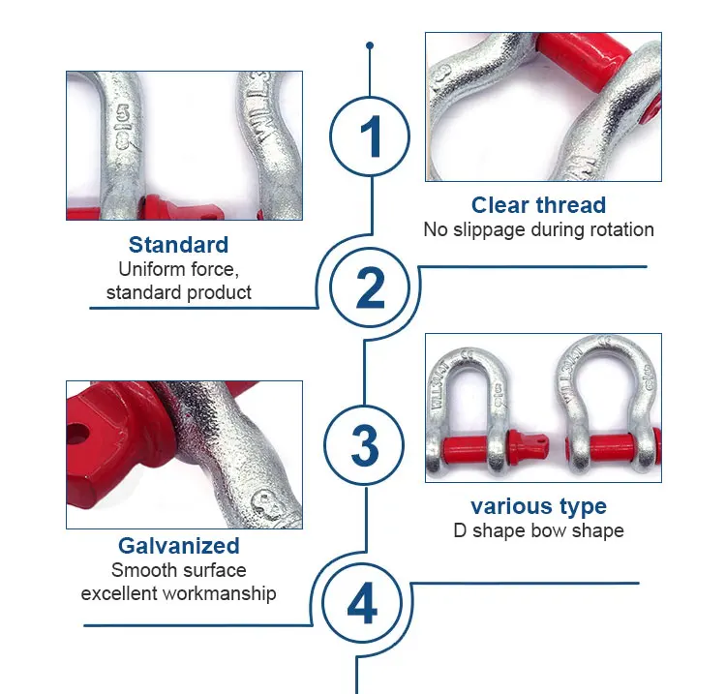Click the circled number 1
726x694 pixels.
coord(370,136)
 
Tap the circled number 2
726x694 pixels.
coord(370,287)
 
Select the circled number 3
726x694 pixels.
coord(364,445)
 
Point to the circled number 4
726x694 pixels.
coord(362,603)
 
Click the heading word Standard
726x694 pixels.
coord(179,245)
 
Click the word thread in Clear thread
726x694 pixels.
coord(571,205)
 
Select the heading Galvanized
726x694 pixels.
coord(179,546)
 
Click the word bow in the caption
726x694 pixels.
coord(549,530)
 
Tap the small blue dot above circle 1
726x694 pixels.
coord(370,45)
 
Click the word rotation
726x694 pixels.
coord(619,229)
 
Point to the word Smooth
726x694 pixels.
coord(139,570)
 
